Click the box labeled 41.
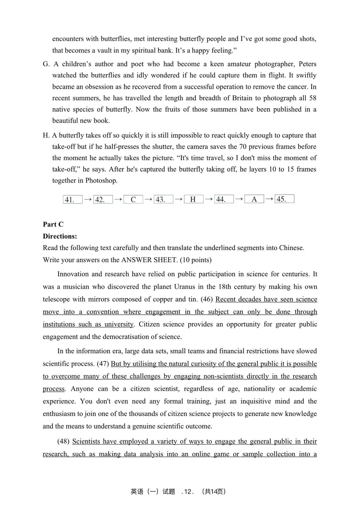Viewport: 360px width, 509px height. (72, 199)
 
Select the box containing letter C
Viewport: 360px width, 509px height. (133, 199)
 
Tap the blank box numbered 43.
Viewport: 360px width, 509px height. (163, 199)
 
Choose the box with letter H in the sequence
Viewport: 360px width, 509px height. (193, 199)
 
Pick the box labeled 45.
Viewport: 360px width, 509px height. (284, 199)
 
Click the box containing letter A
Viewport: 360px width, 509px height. (254, 199)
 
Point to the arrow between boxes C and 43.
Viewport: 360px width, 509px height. (148, 199)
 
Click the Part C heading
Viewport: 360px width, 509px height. (53, 224)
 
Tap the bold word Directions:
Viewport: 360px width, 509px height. (60, 236)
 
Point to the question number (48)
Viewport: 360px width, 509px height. (63, 441)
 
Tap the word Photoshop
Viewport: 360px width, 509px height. (101, 180)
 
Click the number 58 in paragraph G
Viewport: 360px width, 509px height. (312, 98)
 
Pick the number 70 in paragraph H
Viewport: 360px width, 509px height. (243, 147)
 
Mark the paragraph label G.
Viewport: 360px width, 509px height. (46, 64)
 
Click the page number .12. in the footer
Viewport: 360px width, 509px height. (188, 491)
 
